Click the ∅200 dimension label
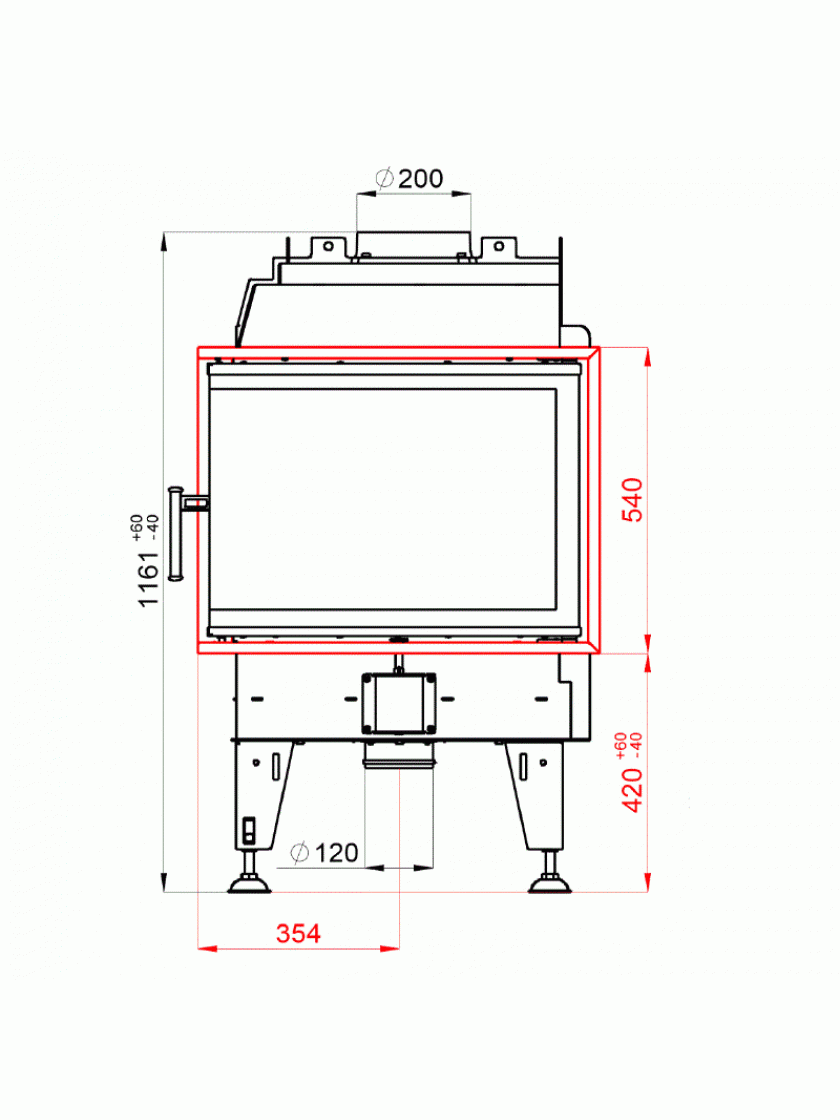(x=409, y=178)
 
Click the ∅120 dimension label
(x=324, y=852)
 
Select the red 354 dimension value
(x=298, y=934)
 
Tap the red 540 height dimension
(x=633, y=500)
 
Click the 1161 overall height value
(x=149, y=579)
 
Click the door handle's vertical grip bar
(x=175, y=534)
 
